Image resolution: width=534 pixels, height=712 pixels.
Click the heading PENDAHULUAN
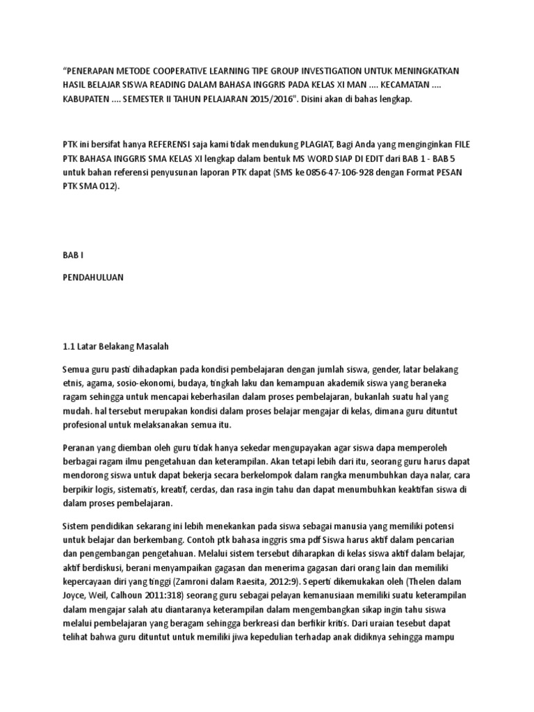tap(92, 277)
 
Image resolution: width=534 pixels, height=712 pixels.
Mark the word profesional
tap(86, 425)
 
